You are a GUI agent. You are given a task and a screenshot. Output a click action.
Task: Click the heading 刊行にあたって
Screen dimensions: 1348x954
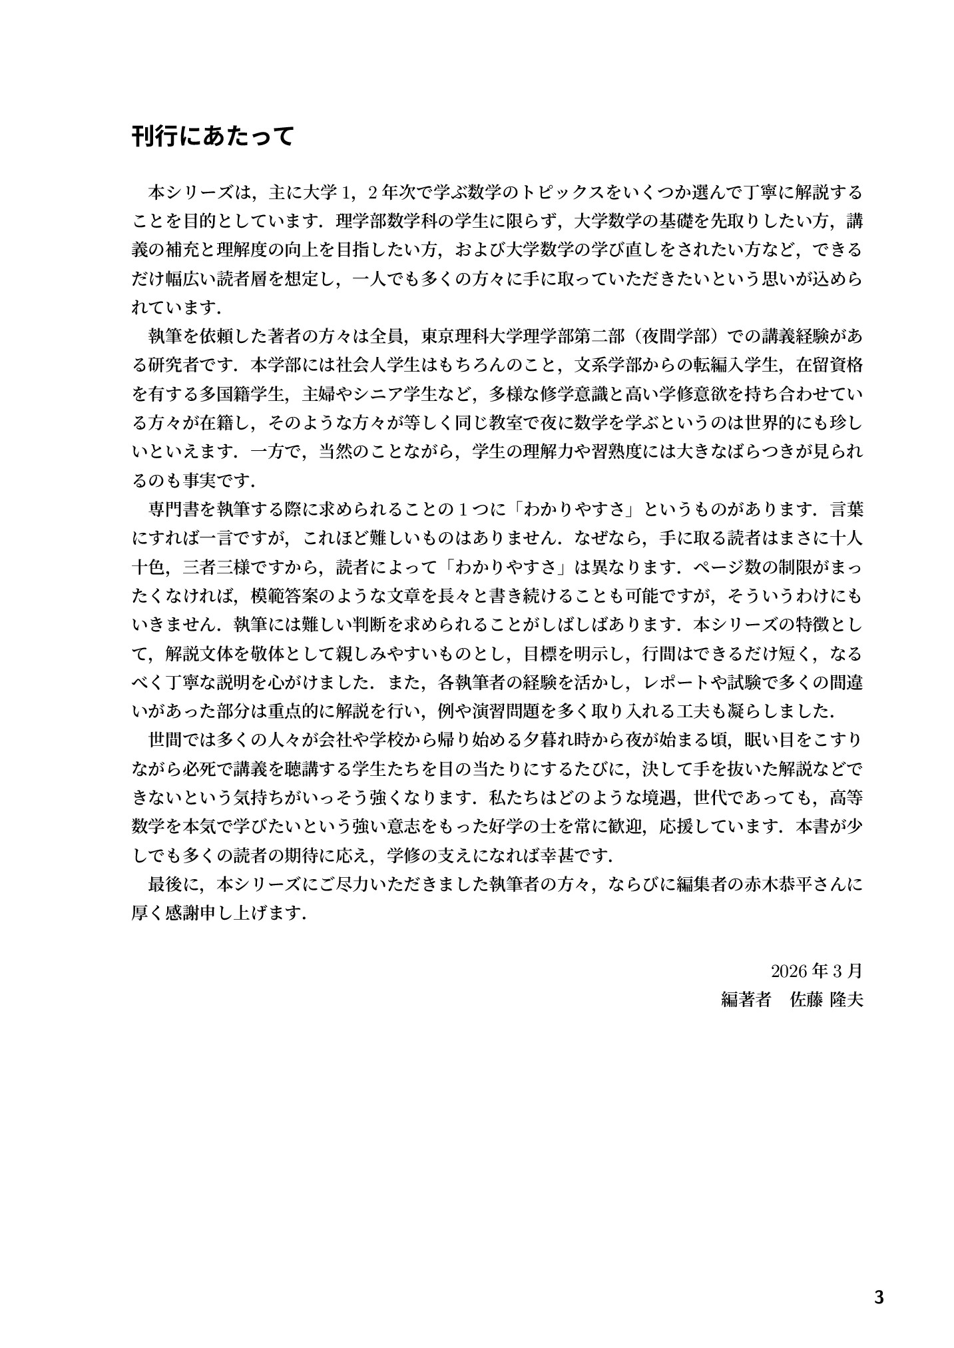tap(212, 137)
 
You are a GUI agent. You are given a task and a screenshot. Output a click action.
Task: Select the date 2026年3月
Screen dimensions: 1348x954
tap(816, 971)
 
